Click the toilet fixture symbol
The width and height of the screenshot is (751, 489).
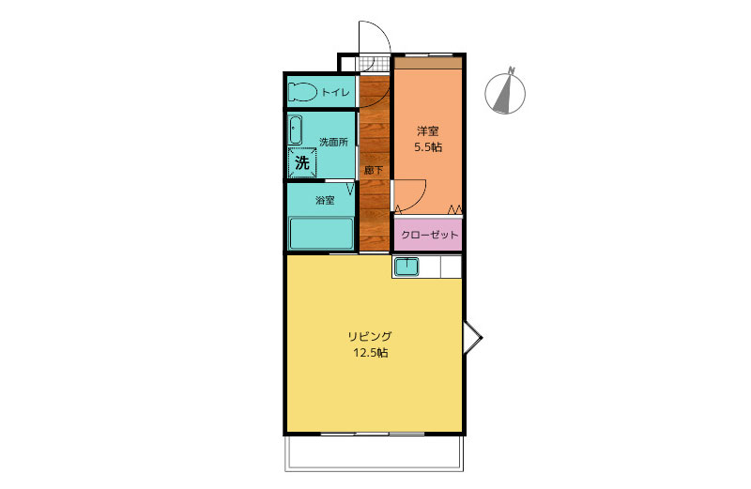[x=302, y=92]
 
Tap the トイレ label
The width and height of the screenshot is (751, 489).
[x=335, y=92]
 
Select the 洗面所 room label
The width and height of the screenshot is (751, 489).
[x=333, y=142]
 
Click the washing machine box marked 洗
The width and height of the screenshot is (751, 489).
[x=302, y=162]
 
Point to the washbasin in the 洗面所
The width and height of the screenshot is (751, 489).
[x=295, y=130]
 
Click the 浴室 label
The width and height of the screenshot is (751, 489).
[x=325, y=200]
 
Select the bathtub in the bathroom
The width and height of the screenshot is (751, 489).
[x=321, y=234]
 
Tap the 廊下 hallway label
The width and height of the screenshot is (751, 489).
[x=373, y=170]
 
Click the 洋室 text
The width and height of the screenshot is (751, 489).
[x=428, y=130]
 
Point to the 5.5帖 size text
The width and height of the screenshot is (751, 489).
[x=428, y=147]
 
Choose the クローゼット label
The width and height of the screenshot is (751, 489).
[x=430, y=235]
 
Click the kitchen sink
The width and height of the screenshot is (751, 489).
[x=406, y=267]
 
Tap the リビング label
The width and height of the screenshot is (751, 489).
[x=370, y=336]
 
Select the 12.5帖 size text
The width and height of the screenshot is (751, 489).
[x=370, y=354]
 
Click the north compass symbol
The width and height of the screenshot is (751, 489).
[x=505, y=91]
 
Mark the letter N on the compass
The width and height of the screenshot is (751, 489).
[x=512, y=70]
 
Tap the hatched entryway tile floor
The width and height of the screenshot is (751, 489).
[x=375, y=64]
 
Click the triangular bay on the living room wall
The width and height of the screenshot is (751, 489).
[x=472, y=338]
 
